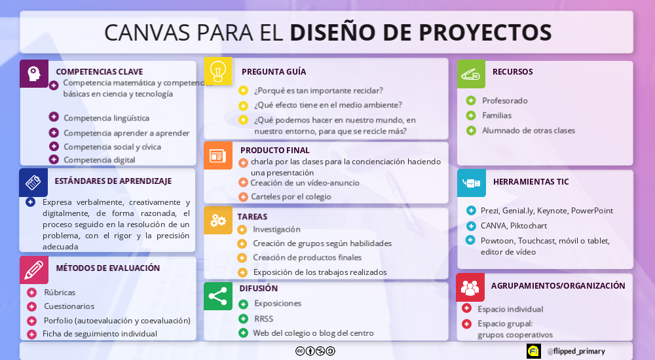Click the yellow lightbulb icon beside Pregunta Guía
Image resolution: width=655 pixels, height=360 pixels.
pos(218,71)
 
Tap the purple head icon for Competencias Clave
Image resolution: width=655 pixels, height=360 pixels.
pos(34,74)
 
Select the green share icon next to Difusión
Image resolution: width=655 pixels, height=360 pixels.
pos(218,296)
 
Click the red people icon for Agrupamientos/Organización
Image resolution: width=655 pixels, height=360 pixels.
pos(470,287)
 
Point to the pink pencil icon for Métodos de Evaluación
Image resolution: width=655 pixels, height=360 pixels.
pos(34,270)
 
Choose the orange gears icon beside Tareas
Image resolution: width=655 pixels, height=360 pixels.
pos(218,220)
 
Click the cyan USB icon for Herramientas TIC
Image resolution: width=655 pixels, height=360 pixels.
pos(472,183)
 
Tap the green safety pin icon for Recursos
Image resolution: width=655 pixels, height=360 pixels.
pos(471,74)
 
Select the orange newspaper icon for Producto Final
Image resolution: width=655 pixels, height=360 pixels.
pos(218,156)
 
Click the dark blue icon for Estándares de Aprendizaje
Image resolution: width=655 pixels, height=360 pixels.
pos(33,183)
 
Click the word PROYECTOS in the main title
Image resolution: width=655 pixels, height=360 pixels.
pos(485,33)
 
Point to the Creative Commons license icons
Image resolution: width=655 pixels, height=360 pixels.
pos(316,351)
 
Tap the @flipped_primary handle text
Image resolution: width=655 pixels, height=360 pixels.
pos(576,351)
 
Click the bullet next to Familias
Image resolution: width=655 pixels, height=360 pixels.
pos(471,115)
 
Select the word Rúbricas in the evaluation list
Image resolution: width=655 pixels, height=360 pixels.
pos(60,293)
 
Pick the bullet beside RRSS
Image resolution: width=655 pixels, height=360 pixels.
pos(243,319)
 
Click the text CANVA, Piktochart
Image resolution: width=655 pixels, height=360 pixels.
pos(514,226)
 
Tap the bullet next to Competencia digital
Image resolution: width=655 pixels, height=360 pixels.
pos(54,159)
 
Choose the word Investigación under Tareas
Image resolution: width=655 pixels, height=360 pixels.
pos(276,229)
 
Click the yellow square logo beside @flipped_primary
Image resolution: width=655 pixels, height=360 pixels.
pos(533,351)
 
